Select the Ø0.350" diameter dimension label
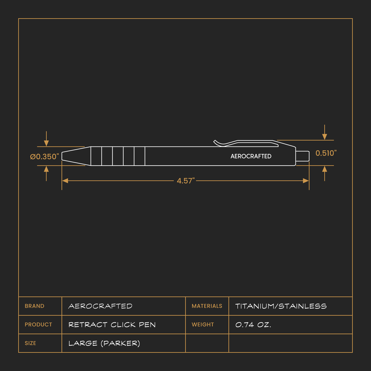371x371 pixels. [44, 157]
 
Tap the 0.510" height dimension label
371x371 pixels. [326, 153]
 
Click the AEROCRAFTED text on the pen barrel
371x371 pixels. [251, 156]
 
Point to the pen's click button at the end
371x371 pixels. [302, 156]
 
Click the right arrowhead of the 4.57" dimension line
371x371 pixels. [306, 181]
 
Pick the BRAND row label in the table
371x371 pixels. [34, 306]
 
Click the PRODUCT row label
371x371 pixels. [38, 325]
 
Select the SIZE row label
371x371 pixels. [30, 343]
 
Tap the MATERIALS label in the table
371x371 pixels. [207, 306]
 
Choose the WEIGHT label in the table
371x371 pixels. [203, 325]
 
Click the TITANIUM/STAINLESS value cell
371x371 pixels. [281, 306]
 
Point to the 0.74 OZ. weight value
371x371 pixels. [253, 325]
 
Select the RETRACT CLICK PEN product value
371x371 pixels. [112, 325]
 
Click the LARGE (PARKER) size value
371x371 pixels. [104, 343]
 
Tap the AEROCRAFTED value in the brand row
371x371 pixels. [100, 306]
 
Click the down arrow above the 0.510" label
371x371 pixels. [325, 136]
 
